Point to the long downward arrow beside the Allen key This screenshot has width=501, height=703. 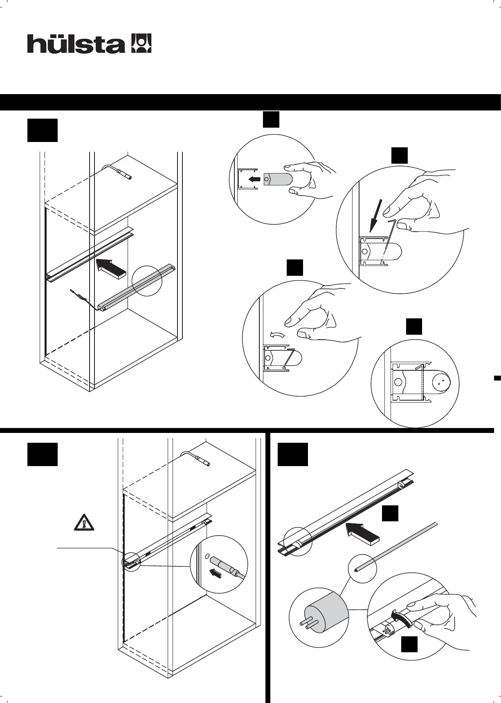point(376,215)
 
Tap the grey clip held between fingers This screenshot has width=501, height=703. point(278,179)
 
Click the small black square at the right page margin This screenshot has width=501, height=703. point(497,378)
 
